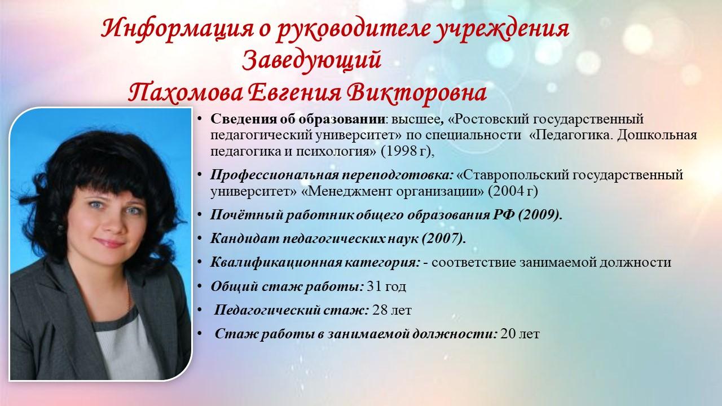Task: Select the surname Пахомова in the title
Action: click(x=186, y=93)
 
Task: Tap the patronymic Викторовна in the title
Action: click(x=417, y=93)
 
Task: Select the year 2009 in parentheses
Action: click(x=540, y=215)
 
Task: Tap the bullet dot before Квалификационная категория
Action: click(x=200, y=262)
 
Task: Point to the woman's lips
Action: click(x=109, y=242)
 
